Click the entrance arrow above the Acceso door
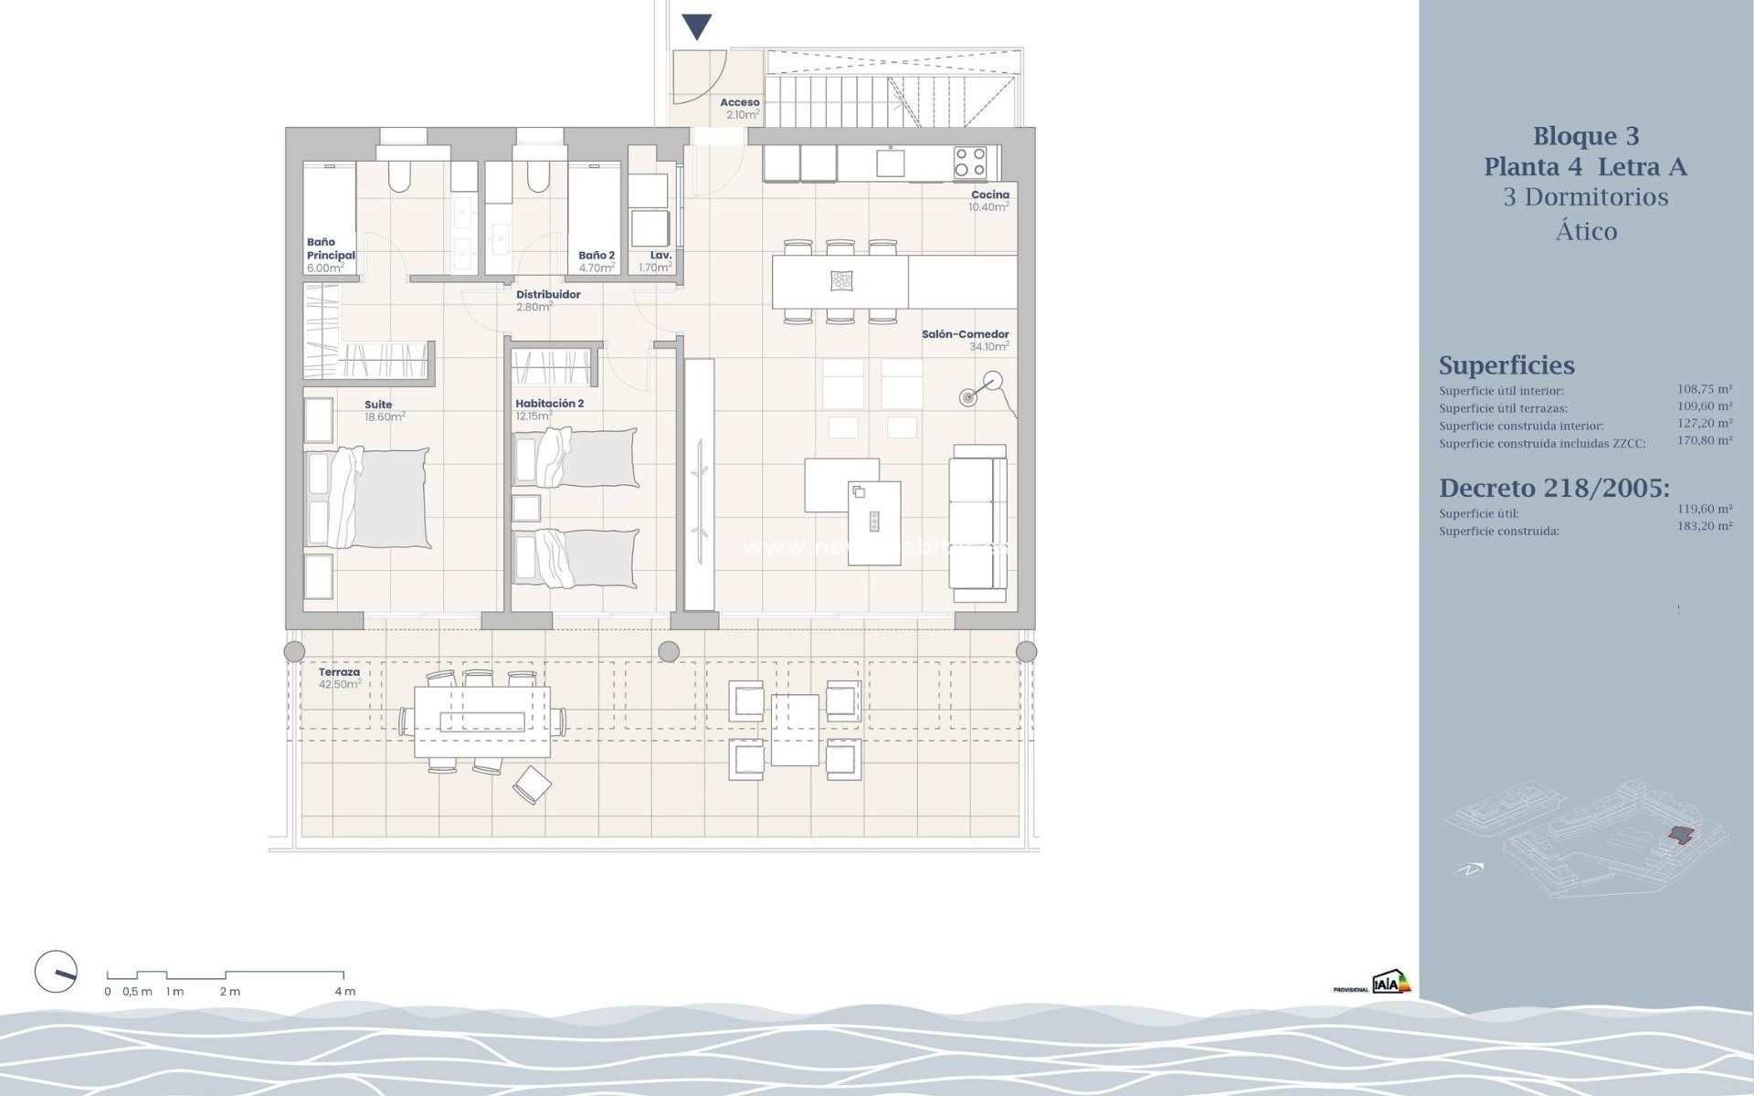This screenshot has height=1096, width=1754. (697, 26)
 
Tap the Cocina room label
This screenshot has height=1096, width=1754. (990, 195)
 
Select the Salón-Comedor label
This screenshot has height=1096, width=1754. (965, 334)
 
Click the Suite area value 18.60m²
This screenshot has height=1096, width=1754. (385, 416)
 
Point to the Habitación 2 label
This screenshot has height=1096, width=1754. (549, 403)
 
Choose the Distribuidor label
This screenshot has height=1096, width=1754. (548, 294)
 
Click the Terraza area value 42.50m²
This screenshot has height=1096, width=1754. (340, 684)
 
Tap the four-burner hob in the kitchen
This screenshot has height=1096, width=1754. (970, 163)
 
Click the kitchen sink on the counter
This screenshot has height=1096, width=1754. (890, 163)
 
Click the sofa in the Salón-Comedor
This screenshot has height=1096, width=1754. (978, 523)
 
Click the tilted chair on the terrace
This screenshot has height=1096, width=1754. (532, 785)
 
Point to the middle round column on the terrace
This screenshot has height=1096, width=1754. (669, 651)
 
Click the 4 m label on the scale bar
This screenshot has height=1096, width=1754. (344, 991)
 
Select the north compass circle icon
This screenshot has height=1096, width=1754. (56, 971)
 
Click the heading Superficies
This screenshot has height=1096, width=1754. (1506, 365)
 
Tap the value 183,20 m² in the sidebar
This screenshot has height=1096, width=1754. (1704, 526)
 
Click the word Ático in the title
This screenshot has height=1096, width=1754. (1586, 231)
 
